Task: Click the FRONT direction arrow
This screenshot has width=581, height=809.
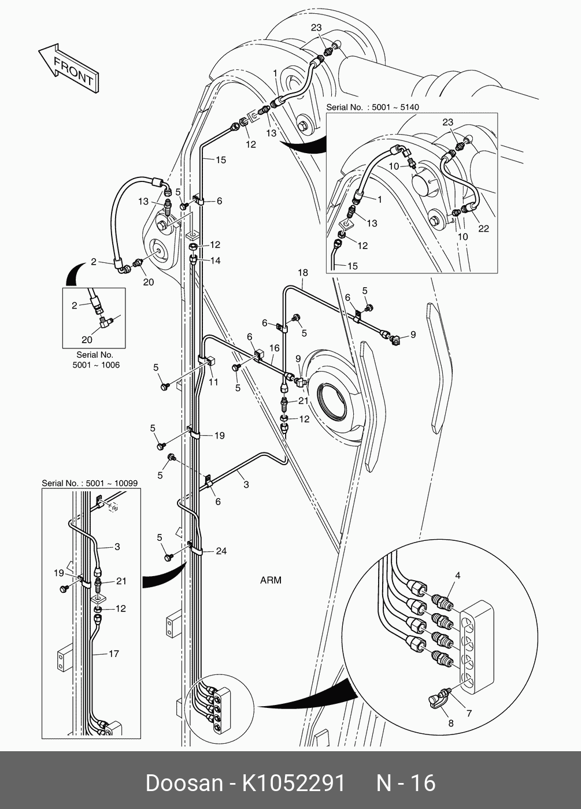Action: [x=69, y=68]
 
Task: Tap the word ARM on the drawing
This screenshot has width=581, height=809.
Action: [x=271, y=580]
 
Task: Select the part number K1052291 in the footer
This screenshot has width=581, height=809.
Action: [x=294, y=783]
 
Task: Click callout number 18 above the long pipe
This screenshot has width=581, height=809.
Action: [x=303, y=273]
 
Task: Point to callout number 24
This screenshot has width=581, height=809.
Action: [x=221, y=551]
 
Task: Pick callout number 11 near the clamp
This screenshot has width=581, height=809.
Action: [x=213, y=382]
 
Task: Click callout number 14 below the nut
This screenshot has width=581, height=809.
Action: [x=215, y=261]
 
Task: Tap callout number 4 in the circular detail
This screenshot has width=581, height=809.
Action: [x=457, y=576]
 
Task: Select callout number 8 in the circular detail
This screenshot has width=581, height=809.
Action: [x=450, y=723]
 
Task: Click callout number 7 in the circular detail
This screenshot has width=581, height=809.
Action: [x=469, y=713]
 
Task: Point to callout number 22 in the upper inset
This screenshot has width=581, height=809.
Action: [x=483, y=228]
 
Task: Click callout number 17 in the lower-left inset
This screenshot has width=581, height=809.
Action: [x=114, y=654]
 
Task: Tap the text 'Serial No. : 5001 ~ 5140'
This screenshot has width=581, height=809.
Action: [x=372, y=107]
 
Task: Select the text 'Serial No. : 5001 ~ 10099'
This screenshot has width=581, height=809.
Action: [x=90, y=483]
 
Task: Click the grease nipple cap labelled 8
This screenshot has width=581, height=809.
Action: [x=436, y=702]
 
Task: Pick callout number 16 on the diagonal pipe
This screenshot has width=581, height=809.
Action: [x=274, y=348]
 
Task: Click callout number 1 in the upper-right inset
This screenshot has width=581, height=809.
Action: [x=379, y=199]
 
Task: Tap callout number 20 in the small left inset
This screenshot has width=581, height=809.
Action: [x=87, y=340]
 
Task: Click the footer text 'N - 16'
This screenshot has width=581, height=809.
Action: [x=406, y=783]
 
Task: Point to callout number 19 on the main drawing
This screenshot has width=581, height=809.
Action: [x=219, y=436]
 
